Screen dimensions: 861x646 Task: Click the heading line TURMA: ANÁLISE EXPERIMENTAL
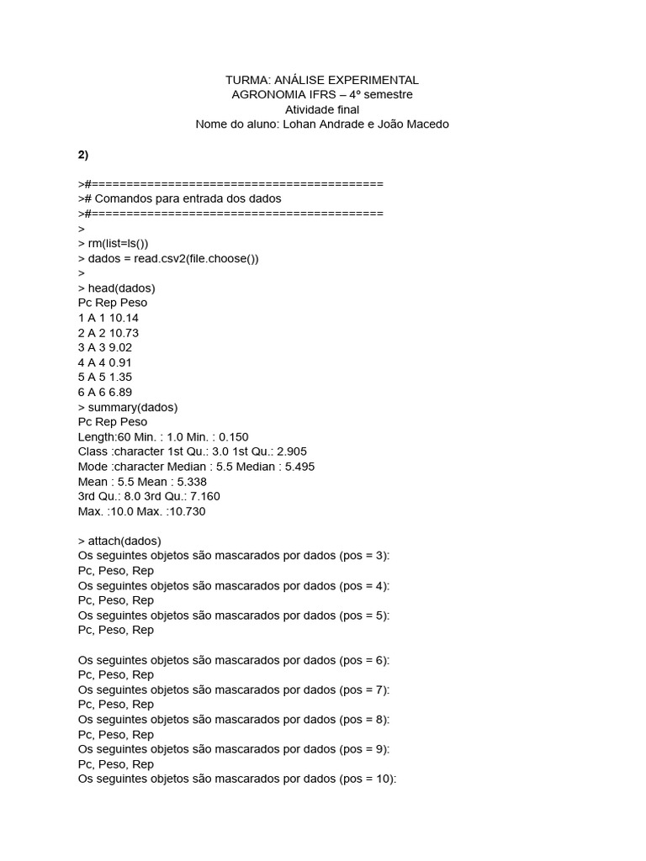[x=322, y=80]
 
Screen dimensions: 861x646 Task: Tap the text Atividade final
[x=322, y=109]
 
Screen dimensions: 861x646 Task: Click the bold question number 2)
[x=83, y=155]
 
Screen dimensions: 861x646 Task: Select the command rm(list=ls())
[x=123, y=244]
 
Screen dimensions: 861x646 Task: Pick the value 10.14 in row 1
[x=124, y=318]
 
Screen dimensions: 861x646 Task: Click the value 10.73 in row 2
[x=124, y=333]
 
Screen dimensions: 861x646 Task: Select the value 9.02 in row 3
[x=120, y=347]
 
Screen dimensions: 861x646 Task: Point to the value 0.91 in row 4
[x=120, y=362]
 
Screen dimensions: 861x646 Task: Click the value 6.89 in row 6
[x=120, y=392]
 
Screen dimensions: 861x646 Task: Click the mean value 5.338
[x=190, y=482]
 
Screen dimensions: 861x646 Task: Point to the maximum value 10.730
[x=186, y=511]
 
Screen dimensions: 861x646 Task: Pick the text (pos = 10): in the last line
[x=368, y=779]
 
